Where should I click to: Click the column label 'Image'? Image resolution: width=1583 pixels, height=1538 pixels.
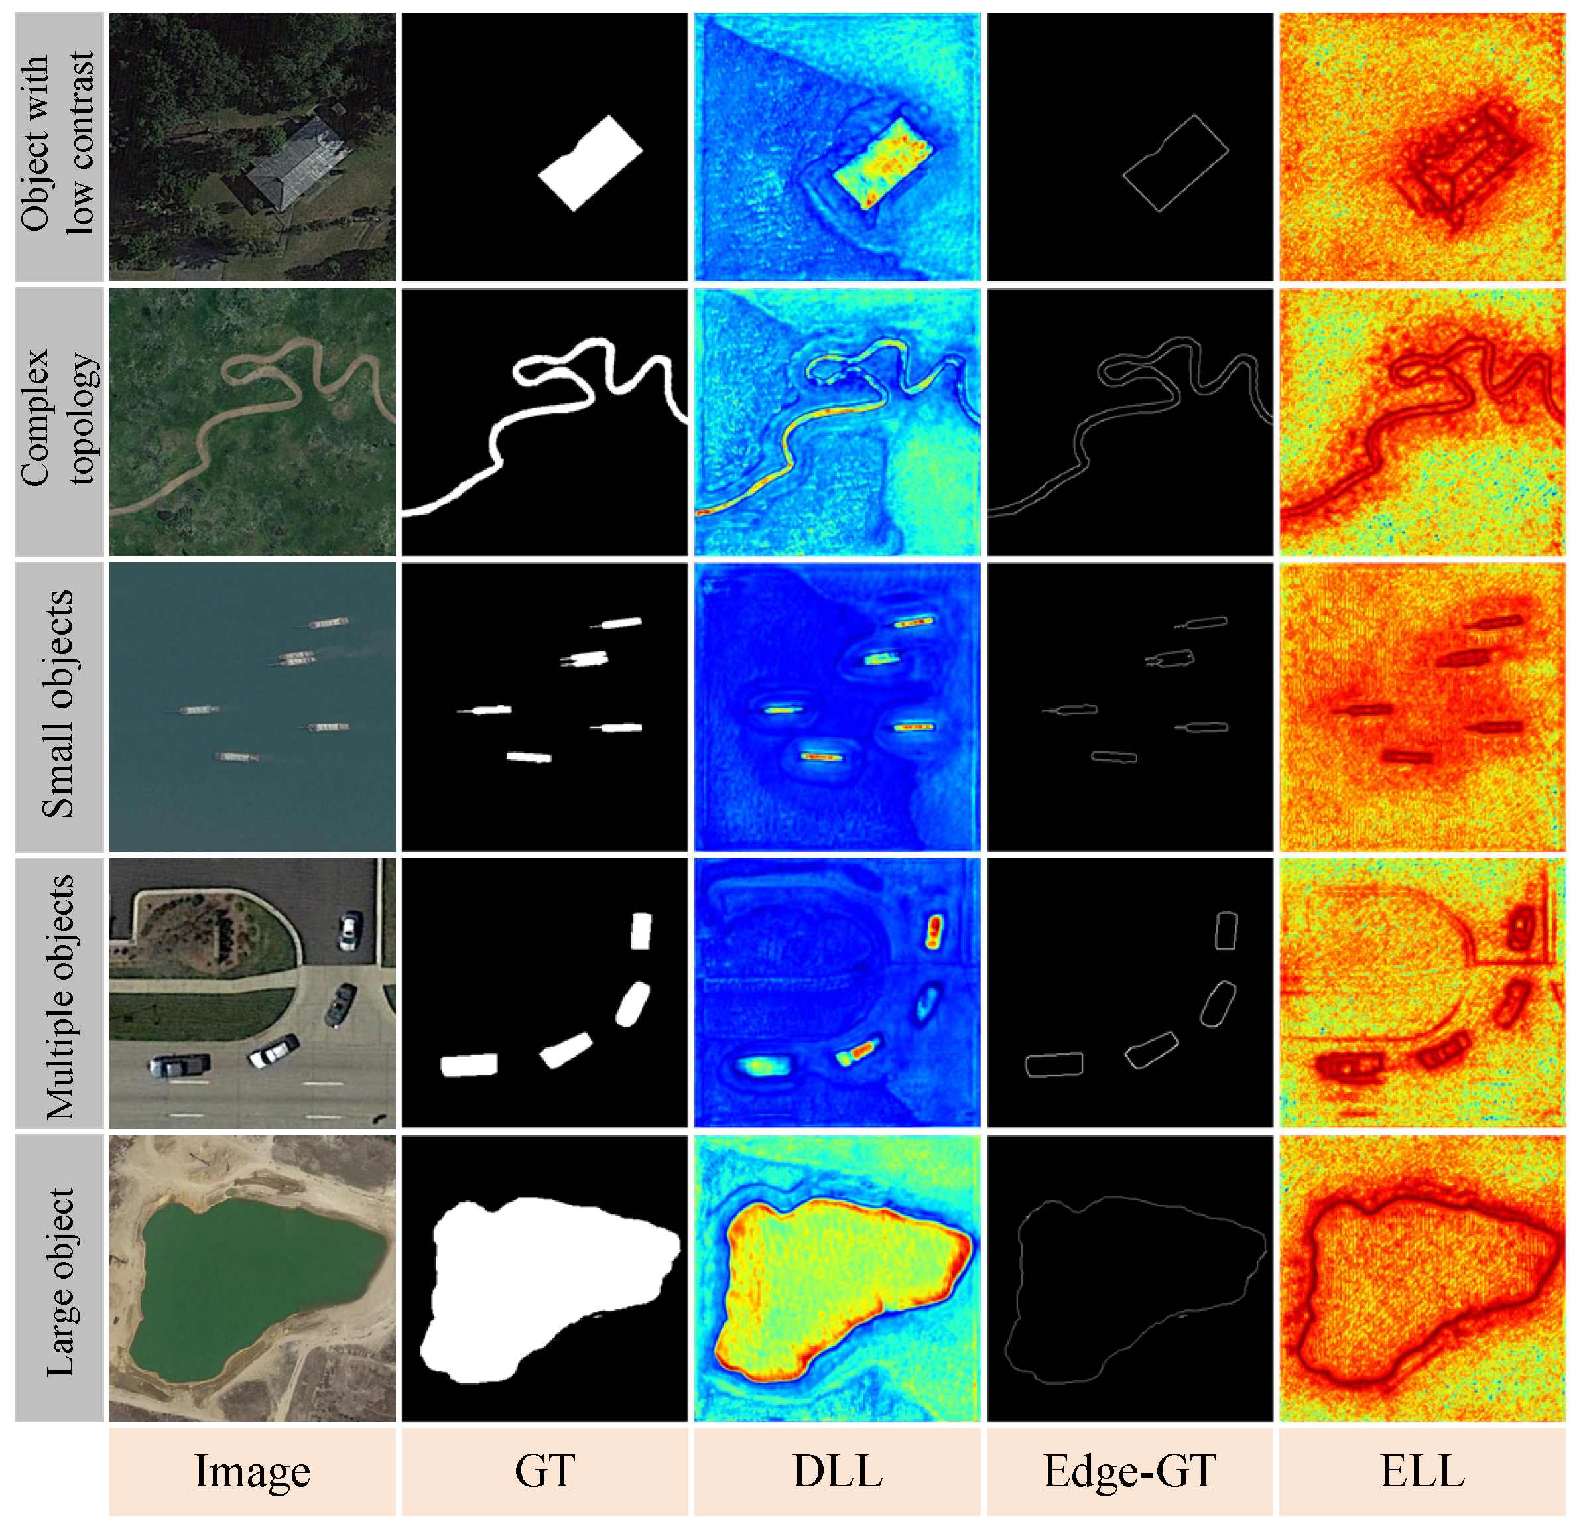click(252, 1472)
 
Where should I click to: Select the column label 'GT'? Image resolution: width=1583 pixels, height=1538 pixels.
click(545, 1472)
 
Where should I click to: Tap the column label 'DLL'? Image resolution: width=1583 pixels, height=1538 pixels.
click(838, 1472)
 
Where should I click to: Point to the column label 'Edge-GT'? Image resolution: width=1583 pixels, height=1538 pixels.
click(1130, 1472)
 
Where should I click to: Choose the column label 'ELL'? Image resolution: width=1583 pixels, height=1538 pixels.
click(1423, 1472)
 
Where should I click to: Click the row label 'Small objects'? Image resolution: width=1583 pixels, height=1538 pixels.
click(59, 704)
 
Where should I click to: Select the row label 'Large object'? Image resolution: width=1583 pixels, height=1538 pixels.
click(59, 1281)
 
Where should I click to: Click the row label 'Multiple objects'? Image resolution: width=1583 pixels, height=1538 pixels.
click(59, 997)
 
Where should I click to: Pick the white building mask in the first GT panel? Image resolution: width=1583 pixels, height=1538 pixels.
click(590, 164)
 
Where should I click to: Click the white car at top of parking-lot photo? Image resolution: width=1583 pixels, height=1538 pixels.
click(349, 930)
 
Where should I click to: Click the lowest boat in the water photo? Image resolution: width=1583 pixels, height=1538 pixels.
click(237, 757)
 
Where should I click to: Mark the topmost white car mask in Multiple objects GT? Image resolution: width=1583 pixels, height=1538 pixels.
click(641, 930)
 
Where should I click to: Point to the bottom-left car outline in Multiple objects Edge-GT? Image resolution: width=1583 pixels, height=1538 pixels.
click(1053, 1064)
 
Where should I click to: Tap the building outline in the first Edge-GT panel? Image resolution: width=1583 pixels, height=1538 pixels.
click(1175, 164)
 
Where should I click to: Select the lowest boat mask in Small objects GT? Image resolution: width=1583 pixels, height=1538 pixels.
click(529, 757)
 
